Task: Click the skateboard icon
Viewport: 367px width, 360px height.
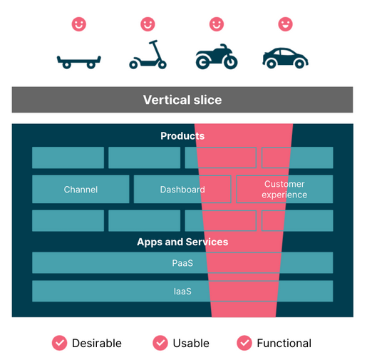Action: [x=79, y=62]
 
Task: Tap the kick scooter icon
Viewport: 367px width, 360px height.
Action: [x=148, y=55]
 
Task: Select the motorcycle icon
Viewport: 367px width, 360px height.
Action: [x=217, y=56]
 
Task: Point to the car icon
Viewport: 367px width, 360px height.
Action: [x=285, y=58]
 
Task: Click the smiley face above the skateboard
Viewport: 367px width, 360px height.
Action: [x=79, y=24]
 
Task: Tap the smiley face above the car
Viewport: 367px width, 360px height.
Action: [x=285, y=24]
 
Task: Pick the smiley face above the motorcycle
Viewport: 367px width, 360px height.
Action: [x=217, y=24]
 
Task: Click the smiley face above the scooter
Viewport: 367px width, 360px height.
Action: [x=148, y=24]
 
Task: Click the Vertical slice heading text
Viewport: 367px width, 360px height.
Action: [x=182, y=100]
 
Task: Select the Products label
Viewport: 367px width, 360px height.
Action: [x=182, y=136]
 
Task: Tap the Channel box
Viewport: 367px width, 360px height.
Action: [x=81, y=189]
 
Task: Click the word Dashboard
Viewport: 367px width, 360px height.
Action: [x=182, y=190]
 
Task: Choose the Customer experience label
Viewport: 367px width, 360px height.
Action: [x=284, y=190]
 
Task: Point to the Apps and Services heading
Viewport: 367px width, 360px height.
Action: [x=182, y=242]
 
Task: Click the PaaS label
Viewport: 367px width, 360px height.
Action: [x=182, y=263]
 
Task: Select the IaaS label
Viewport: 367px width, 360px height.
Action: [x=182, y=292]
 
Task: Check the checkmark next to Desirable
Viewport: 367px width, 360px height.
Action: [x=59, y=343]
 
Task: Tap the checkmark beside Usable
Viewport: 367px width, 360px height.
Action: [x=160, y=343]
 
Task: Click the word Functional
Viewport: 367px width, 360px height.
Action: [x=284, y=344]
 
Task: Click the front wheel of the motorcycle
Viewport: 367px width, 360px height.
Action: [x=230, y=62]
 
